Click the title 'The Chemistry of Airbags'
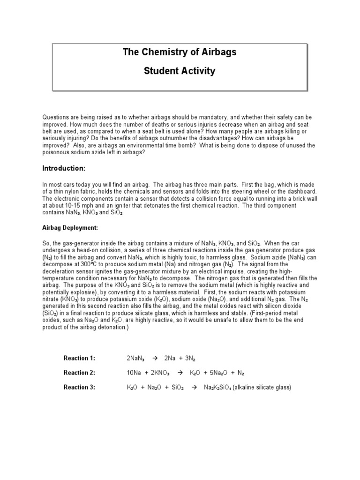point(180,52)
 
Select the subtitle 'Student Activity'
point(180,71)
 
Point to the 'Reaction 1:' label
point(79,359)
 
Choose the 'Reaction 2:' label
point(79,373)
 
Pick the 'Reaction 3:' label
point(79,388)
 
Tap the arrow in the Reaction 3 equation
point(191,388)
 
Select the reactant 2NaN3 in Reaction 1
point(135,359)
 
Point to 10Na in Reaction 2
point(134,373)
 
